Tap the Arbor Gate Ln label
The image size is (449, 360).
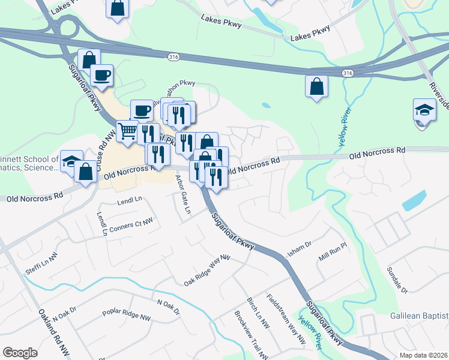pos(182,194)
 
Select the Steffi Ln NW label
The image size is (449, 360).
pos(41,265)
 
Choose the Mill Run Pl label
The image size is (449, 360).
pos(334,251)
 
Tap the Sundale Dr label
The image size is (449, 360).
pos(397,280)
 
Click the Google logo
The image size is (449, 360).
pos(20,353)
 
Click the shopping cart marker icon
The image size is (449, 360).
pos(127,130)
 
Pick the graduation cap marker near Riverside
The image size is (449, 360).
pos(424,111)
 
